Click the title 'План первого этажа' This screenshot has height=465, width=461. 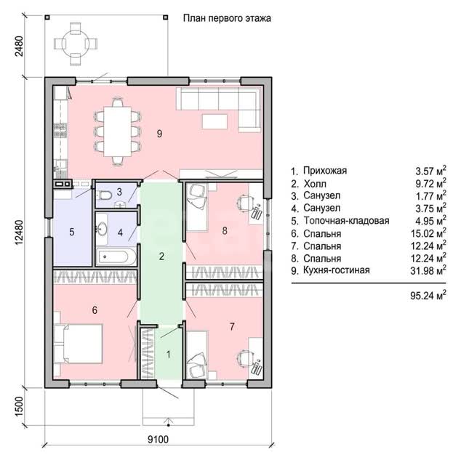(227, 18)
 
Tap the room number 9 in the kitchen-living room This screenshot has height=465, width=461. (159, 134)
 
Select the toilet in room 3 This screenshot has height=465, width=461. (105, 195)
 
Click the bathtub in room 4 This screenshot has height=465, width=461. (116, 256)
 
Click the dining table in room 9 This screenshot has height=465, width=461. (118, 132)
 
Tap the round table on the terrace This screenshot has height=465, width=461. (76, 44)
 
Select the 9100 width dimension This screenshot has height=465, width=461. (158, 439)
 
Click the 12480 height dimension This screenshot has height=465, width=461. (19, 232)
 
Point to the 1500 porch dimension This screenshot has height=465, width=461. (19, 406)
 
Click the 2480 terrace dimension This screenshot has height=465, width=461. (19, 46)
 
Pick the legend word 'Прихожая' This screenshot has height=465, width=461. (325, 171)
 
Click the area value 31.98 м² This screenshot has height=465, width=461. (428, 270)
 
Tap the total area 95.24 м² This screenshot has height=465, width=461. (428, 296)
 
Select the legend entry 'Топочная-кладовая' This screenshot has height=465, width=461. (346, 221)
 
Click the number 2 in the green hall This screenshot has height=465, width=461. (161, 256)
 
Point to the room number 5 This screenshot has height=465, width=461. (72, 232)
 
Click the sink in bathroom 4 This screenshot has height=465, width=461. (102, 229)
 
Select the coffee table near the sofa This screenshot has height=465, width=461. (215, 121)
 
